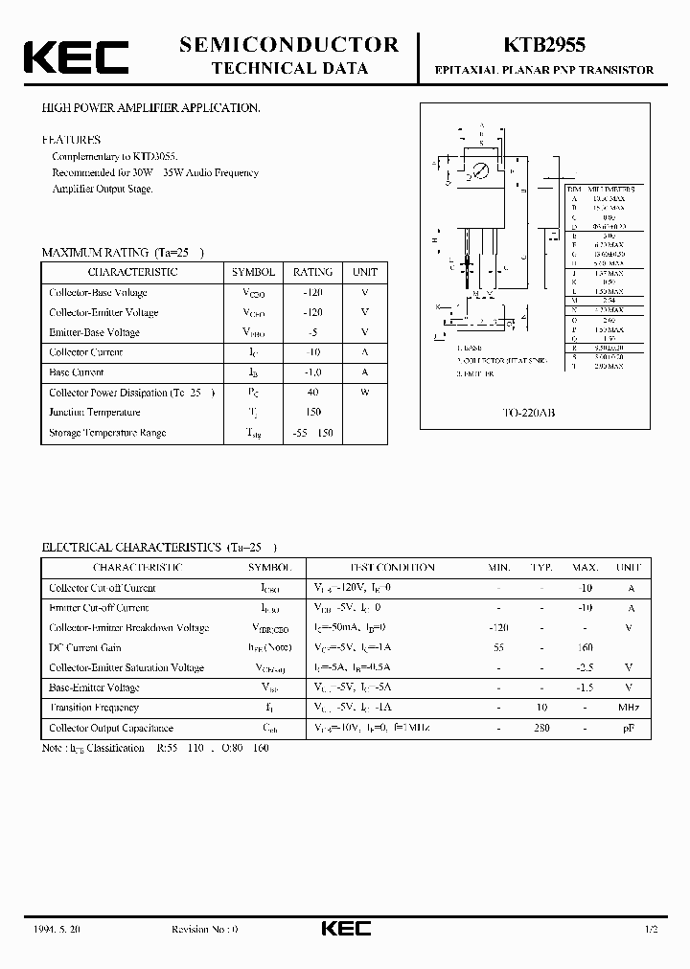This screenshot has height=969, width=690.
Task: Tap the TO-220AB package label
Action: (x=529, y=413)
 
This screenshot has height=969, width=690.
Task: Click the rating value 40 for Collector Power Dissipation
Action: (x=312, y=393)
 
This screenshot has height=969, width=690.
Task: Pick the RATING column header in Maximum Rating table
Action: (x=312, y=272)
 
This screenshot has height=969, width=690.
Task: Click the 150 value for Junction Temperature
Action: (x=312, y=413)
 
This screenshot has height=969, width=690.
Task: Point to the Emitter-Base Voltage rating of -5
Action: (x=312, y=332)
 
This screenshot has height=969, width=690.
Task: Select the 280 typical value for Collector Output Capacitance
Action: (x=541, y=728)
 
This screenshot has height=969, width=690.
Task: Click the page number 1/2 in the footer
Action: (x=652, y=929)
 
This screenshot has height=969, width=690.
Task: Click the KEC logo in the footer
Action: (x=344, y=928)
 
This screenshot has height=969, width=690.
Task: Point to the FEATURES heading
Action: (x=71, y=138)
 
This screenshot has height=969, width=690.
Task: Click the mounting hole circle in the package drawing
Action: (x=482, y=170)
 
